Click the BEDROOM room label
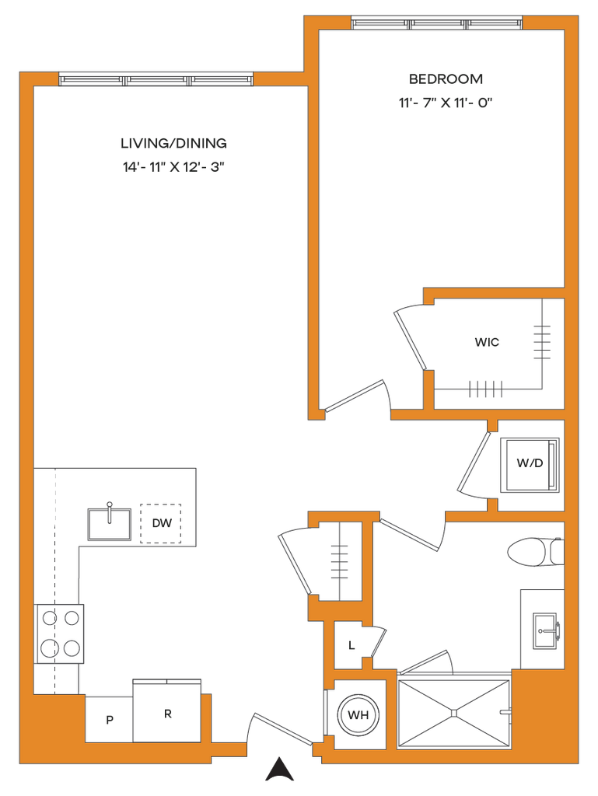(446, 79)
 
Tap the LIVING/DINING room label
(173, 143)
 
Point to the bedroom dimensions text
(446, 102)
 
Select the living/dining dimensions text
(173, 166)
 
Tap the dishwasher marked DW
(162, 523)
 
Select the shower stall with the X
(454, 711)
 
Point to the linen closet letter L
(351, 645)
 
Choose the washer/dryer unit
(530, 464)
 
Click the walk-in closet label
(487, 342)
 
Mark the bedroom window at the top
(437, 23)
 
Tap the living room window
(156, 79)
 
